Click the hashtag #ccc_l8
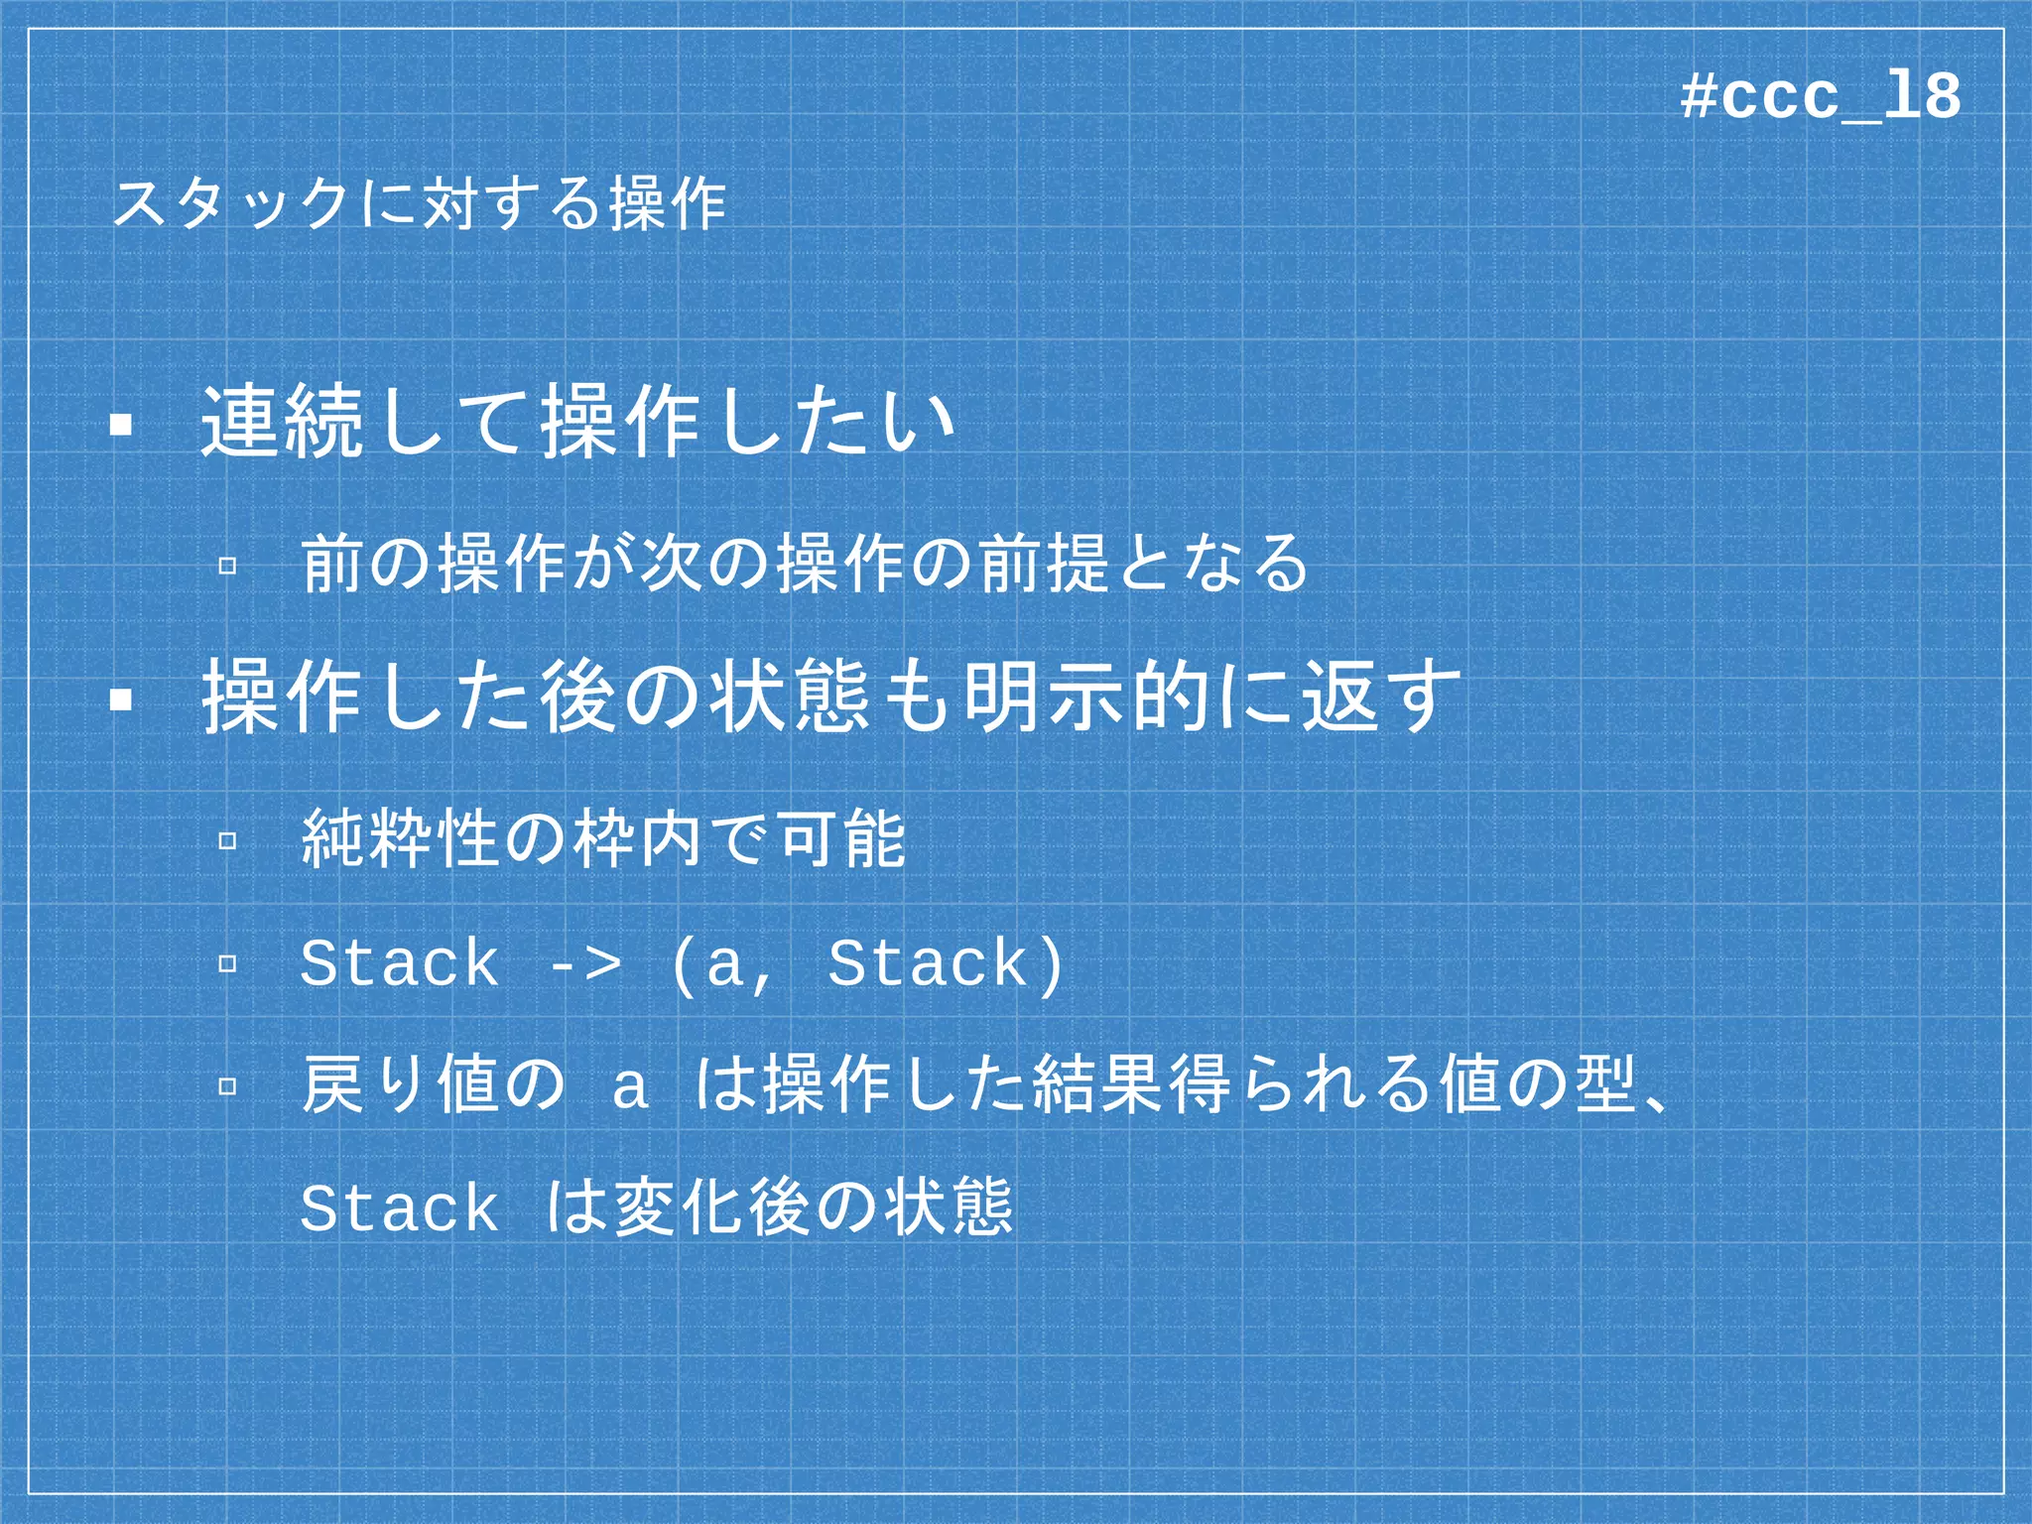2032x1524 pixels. click(1821, 97)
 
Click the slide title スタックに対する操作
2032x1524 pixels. click(420, 203)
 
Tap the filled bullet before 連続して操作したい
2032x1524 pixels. click(122, 426)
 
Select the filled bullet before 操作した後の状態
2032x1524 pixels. click(122, 700)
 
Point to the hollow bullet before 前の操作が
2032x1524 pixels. click(227, 566)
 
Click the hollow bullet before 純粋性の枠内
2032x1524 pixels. click(227, 841)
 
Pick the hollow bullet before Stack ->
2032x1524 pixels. click(227, 963)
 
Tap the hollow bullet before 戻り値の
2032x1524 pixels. click(227, 1085)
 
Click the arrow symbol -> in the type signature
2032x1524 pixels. click(585, 963)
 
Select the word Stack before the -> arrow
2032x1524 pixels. click(400, 963)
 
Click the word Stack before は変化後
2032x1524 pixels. click(400, 1208)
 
